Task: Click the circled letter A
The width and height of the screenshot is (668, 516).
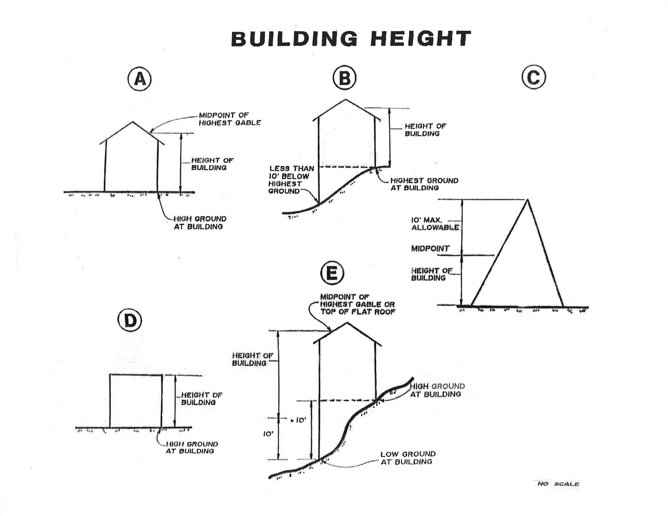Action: click(140, 79)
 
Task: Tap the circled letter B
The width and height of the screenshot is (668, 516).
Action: click(345, 78)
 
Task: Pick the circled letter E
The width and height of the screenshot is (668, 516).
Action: click(332, 273)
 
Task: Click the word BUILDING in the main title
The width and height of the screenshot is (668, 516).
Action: click(294, 38)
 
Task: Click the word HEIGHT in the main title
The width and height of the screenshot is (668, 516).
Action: click(421, 38)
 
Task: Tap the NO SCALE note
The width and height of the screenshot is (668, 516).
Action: click(558, 484)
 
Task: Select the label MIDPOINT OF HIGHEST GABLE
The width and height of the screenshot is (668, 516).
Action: click(230, 119)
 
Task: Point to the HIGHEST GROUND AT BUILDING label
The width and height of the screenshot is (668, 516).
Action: click(424, 184)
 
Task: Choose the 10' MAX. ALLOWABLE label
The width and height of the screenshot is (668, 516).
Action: click(435, 224)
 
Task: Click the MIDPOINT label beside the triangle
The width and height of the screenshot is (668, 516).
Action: click(430, 249)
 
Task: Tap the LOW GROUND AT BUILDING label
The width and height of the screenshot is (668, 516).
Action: click(408, 458)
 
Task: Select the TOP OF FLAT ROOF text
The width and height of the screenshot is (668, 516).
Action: click(358, 312)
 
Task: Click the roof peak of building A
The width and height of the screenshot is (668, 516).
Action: click(132, 122)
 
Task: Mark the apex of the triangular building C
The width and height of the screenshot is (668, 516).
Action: click(528, 200)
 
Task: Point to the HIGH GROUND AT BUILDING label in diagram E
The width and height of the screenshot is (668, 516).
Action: click(437, 390)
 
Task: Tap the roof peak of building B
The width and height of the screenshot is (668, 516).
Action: click(346, 99)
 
